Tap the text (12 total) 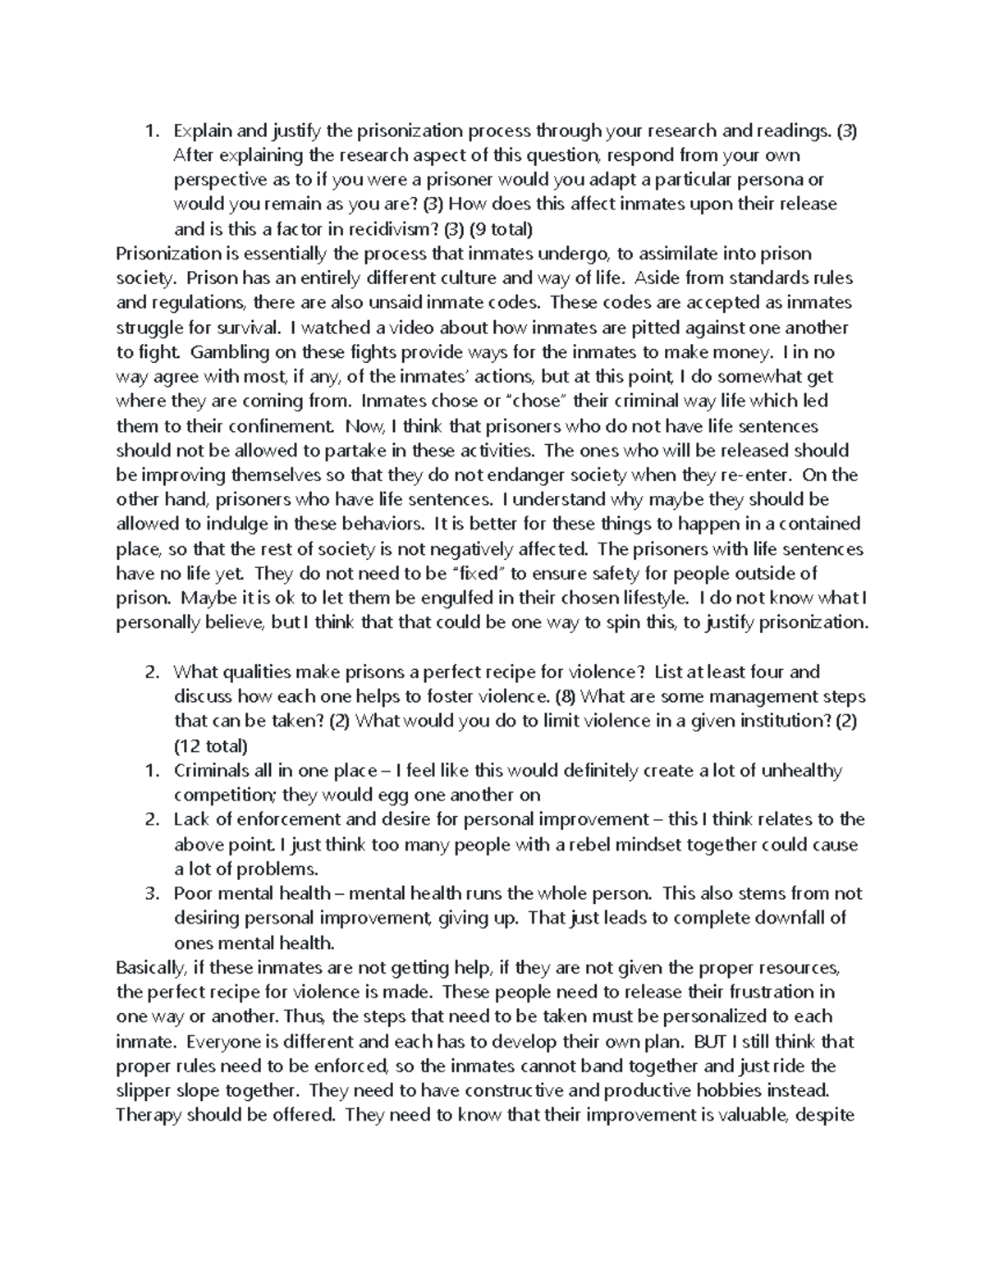click(x=210, y=746)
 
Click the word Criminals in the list click(x=209, y=771)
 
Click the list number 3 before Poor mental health click(x=150, y=894)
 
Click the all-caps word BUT click(x=711, y=1042)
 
